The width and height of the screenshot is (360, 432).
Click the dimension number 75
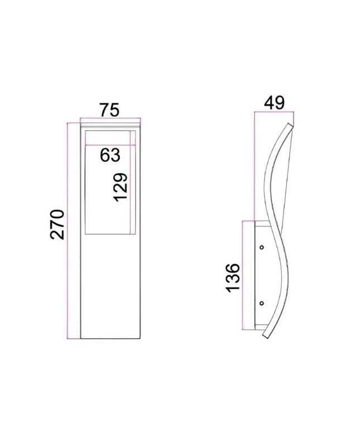pyautogui.click(x=109, y=110)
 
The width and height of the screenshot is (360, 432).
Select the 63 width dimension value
pyautogui.click(x=109, y=155)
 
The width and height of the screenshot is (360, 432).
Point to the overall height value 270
pyautogui.click(x=57, y=224)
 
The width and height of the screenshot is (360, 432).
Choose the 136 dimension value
pyautogui.click(x=233, y=277)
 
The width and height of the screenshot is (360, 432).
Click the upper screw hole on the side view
pyautogui.click(x=261, y=246)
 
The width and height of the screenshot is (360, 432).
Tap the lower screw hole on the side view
pyautogui.click(x=261, y=303)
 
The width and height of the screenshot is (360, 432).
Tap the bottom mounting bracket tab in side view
pyautogui.click(x=257, y=327)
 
